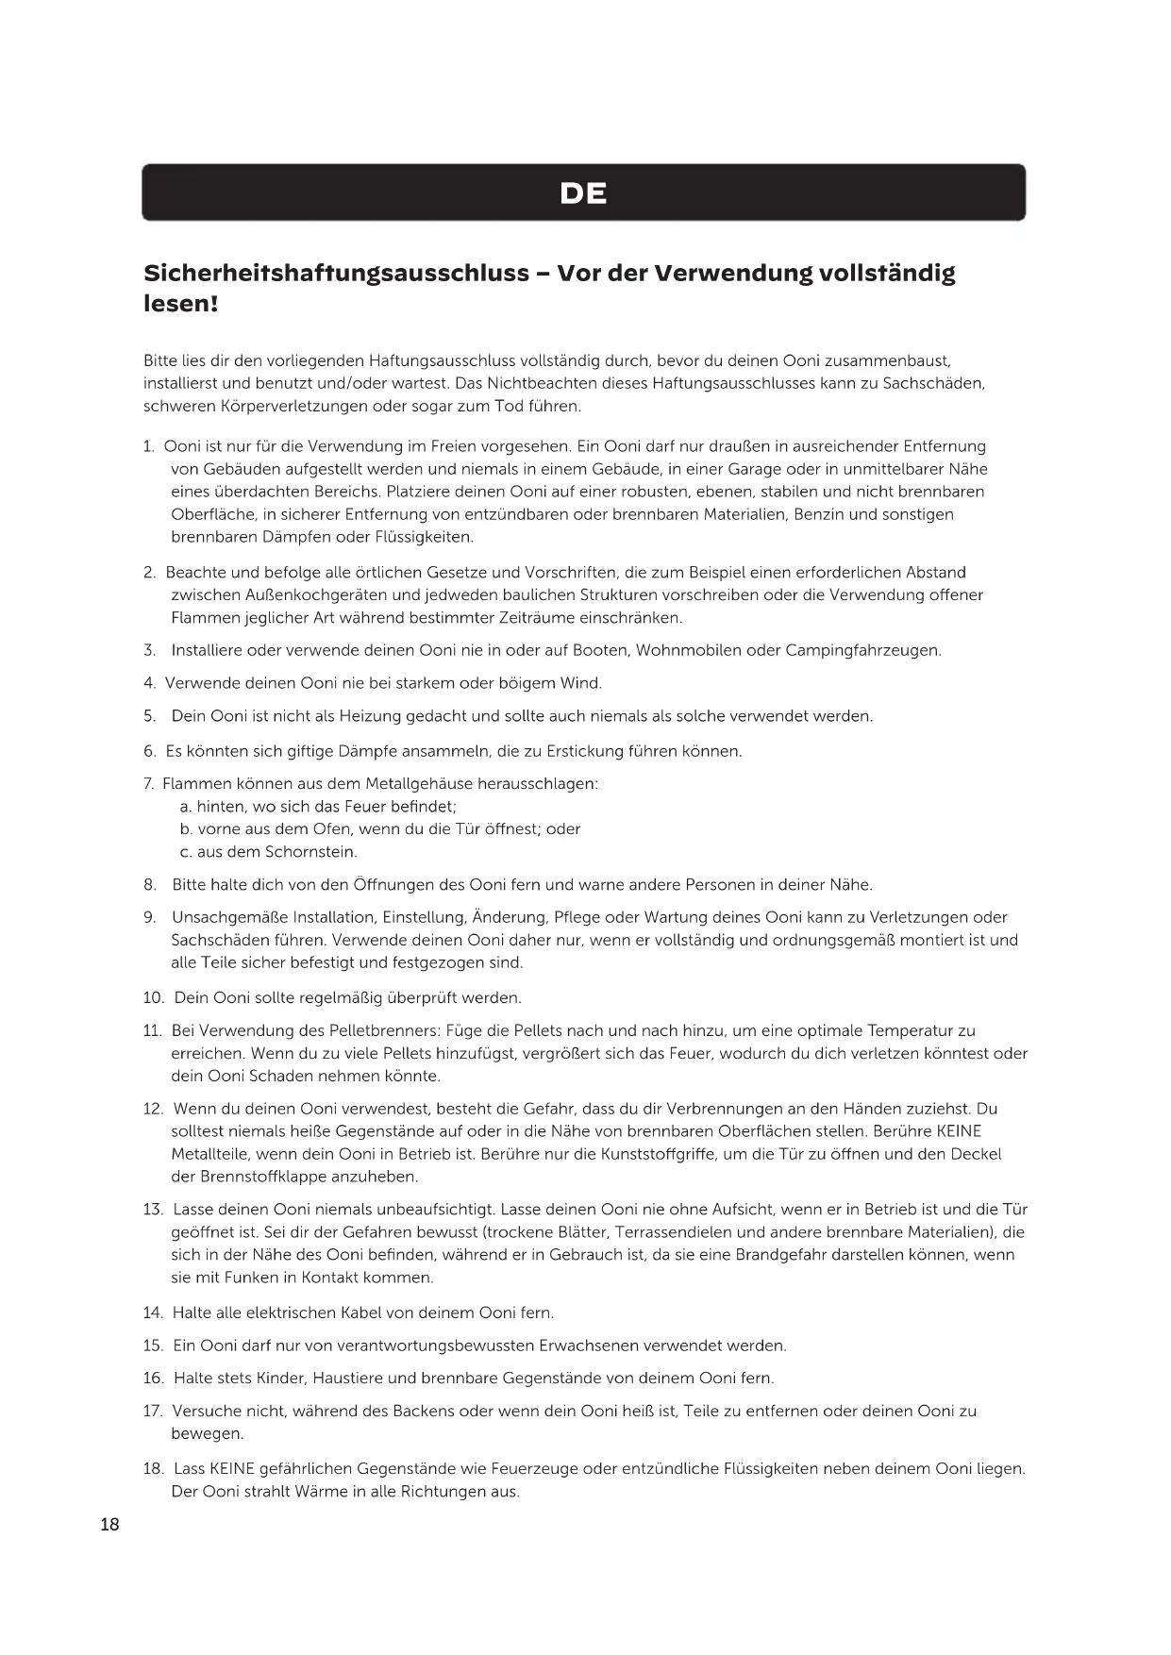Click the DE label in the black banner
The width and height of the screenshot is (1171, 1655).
(x=583, y=193)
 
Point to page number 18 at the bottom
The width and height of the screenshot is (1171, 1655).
(x=109, y=1524)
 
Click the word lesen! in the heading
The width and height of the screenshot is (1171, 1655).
(x=180, y=304)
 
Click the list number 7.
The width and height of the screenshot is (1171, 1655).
(x=148, y=784)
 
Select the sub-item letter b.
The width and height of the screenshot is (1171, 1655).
(x=186, y=829)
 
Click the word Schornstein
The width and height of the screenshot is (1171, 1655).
(x=310, y=852)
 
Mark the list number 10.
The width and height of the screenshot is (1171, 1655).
(x=153, y=997)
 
